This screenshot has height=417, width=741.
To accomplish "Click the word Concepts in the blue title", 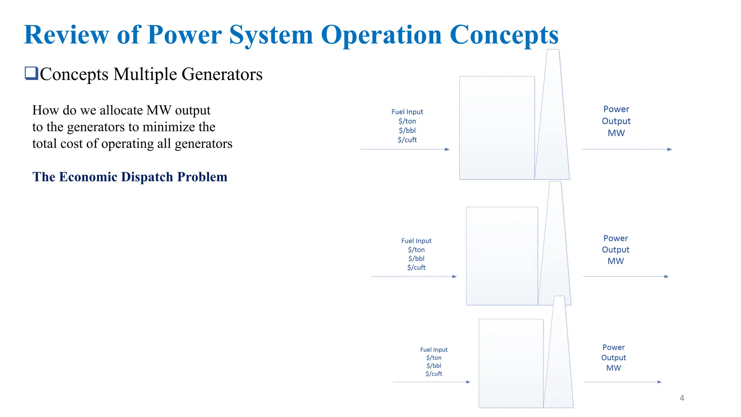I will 504,35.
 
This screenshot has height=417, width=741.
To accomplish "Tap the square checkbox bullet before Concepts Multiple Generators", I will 31,73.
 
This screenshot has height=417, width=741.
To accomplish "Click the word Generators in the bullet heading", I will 222,74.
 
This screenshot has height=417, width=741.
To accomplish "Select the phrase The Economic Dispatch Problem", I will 130,177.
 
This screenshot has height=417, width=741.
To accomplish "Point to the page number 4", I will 682,398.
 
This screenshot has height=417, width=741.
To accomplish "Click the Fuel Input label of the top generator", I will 407,112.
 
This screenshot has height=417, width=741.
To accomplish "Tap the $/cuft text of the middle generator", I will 416,268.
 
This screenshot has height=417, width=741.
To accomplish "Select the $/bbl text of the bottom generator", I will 433,366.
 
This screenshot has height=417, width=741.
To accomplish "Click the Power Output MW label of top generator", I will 616,121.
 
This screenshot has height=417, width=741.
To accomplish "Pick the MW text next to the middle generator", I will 615,261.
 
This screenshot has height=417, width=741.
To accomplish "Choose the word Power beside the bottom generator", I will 613,347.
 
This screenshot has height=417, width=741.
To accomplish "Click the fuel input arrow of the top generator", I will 404,149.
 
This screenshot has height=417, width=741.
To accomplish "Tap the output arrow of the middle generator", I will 626,277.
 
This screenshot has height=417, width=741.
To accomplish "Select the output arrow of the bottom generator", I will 622,382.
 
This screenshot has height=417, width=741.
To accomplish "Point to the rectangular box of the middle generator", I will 501,256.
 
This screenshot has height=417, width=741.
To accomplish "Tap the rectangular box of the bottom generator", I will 511,363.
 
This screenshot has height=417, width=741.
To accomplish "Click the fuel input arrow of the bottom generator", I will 431,382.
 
